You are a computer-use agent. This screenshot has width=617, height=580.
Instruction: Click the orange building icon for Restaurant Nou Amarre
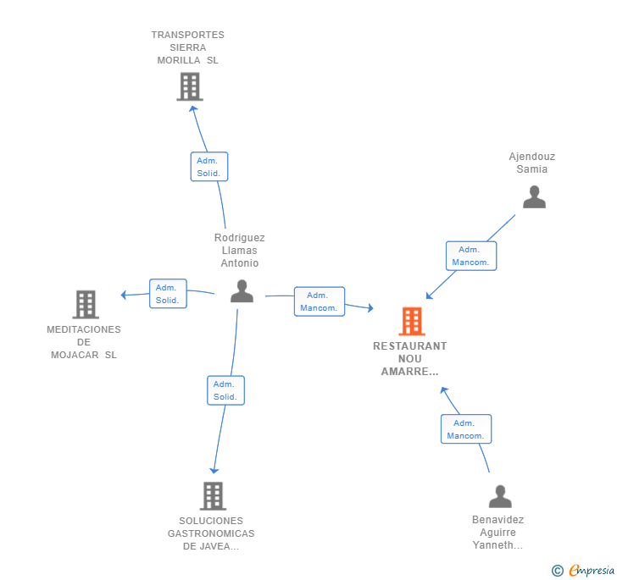(412, 321)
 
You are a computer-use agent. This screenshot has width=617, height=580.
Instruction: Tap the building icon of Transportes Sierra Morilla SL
(190, 86)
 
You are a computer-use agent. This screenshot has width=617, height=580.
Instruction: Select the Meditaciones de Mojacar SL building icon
(86, 304)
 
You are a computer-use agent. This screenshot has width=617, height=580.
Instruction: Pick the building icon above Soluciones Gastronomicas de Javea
(213, 496)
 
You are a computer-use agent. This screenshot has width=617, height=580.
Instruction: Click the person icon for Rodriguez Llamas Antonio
(242, 291)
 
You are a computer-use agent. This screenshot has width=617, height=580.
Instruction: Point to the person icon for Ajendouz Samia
(534, 196)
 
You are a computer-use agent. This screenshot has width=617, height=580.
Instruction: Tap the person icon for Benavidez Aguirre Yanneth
(500, 496)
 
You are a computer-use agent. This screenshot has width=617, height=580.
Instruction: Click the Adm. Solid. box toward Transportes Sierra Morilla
(209, 167)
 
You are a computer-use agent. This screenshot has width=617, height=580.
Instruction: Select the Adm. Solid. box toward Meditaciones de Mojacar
(168, 294)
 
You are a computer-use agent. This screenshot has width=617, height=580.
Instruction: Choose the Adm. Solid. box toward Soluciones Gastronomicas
(225, 390)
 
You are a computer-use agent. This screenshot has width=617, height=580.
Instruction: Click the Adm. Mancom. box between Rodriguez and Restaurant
(320, 301)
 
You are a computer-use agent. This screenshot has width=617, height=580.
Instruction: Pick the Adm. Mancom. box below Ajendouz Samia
(471, 256)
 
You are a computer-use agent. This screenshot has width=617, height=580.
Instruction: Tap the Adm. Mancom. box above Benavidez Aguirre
(466, 429)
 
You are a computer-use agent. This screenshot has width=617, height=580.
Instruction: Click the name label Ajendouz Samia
(532, 163)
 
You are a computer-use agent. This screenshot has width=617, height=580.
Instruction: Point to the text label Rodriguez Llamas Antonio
(240, 251)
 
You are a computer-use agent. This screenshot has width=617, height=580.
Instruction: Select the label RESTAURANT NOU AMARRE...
(410, 359)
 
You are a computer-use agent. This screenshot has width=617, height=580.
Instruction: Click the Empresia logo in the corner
(583, 570)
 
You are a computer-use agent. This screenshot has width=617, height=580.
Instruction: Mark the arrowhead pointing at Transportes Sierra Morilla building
(192, 109)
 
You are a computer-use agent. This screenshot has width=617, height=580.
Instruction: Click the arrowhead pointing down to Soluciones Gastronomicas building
(214, 470)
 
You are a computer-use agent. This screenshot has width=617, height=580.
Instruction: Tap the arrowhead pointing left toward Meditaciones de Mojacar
(124, 295)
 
